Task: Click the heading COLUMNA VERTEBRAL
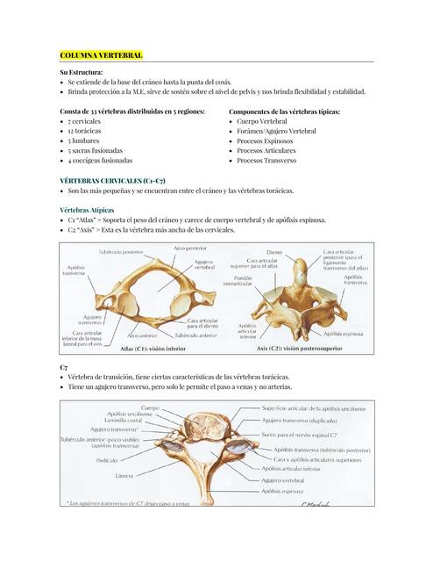click(101, 54)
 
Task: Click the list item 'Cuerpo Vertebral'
click(267, 122)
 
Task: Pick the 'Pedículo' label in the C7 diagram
click(107, 459)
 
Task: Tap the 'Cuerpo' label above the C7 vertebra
click(150, 407)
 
